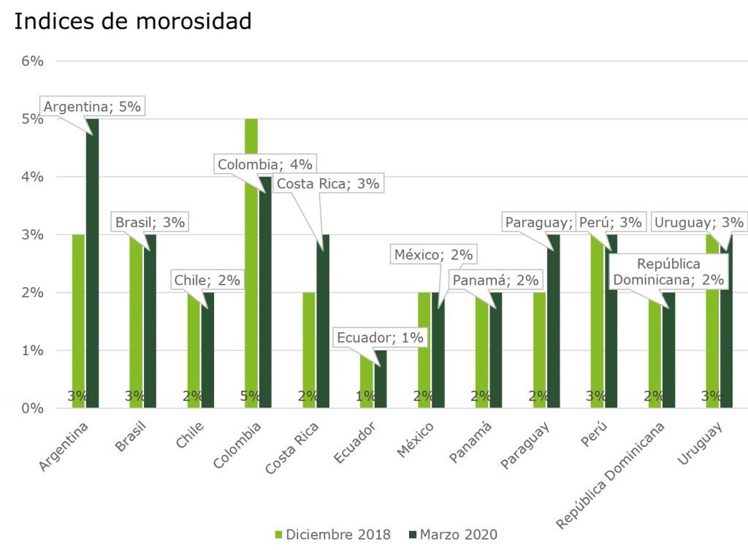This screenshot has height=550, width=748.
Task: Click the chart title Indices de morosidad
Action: pyautogui.click(x=133, y=21)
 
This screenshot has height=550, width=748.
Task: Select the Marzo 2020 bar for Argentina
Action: pyautogui.click(x=92, y=263)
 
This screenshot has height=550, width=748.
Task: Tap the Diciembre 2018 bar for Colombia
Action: pyautogui.click(x=251, y=263)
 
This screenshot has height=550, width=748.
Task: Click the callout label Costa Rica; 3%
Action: pyautogui.click(x=327, y=183)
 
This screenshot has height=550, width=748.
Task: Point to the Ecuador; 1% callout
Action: pyautogui.click(x=380, y=337)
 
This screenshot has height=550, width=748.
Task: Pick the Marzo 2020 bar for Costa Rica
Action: pyautogui.click(x=322, y=321)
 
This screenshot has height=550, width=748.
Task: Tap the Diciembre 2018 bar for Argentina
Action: pyautogui.click(x=78, y=321)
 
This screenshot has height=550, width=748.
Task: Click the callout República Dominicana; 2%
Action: pyautogui.click(x=668, y=271)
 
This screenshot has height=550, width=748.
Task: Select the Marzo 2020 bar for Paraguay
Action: pyautogui.click(x=553, y=321)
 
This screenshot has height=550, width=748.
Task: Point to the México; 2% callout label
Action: pyautogui.click(x=434, y=255)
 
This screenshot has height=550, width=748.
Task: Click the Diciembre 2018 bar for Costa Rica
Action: pyautogui.click(x=309, y=351)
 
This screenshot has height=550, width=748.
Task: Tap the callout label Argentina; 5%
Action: pyautogui.click(x=92, y=107)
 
